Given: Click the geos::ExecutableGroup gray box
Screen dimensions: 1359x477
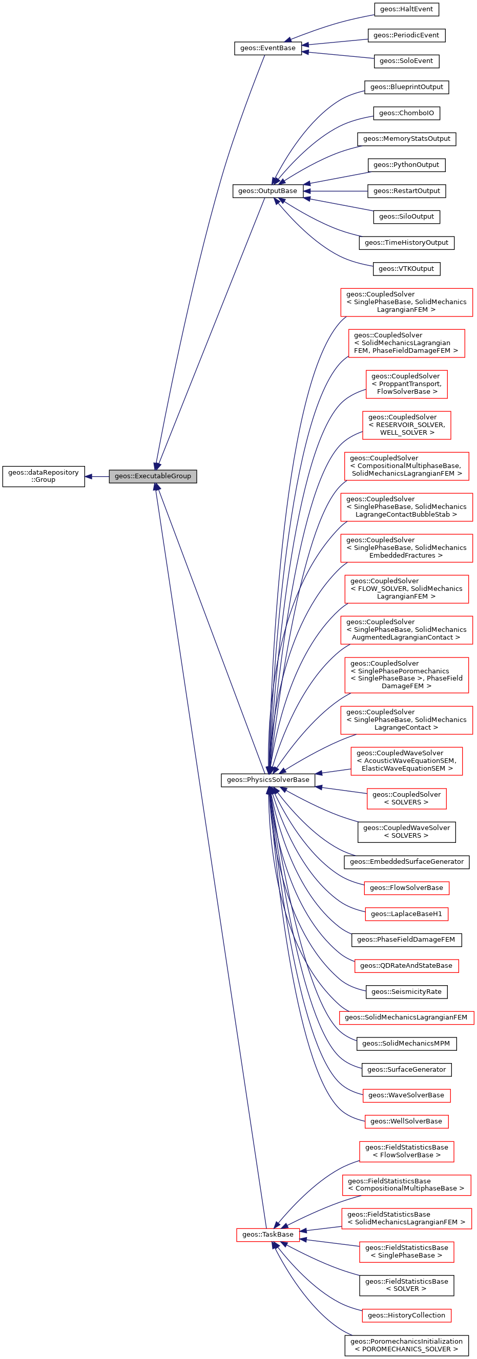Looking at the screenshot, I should (153, 476).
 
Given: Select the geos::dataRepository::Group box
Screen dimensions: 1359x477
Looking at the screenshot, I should (43, 476).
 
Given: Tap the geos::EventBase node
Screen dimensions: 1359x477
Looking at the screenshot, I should (267, 48).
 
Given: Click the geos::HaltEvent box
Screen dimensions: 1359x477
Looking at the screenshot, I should (406, 9).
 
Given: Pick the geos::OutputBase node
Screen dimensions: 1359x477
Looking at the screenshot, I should (267, 191).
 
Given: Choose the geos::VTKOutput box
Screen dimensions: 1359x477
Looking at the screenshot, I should (406, 268).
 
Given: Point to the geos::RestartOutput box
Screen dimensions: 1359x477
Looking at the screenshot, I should (406, 191).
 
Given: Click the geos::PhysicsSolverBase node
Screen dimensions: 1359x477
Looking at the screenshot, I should (267, 780).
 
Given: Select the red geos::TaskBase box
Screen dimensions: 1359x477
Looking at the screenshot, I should (267, 1235).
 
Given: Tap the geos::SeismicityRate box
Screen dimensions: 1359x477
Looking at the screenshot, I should (406, 992).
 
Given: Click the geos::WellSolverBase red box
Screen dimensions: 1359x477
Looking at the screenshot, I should (406, 1121).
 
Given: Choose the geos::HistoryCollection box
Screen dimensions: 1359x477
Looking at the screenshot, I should (406, 1315).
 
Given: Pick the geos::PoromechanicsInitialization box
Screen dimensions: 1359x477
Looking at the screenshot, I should (406, 1345).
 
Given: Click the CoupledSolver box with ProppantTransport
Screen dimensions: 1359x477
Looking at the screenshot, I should (406, 384).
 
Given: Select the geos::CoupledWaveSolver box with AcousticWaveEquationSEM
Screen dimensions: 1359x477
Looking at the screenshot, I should (406, 761).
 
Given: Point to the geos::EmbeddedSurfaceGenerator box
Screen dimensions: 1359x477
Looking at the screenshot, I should (406, 861).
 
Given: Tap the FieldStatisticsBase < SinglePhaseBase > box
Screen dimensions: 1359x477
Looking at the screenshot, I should (406, 1251).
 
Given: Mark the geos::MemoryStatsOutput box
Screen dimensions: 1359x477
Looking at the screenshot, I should (406, 139).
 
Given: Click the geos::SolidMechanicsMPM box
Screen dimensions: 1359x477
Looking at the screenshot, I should (406, 1044).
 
